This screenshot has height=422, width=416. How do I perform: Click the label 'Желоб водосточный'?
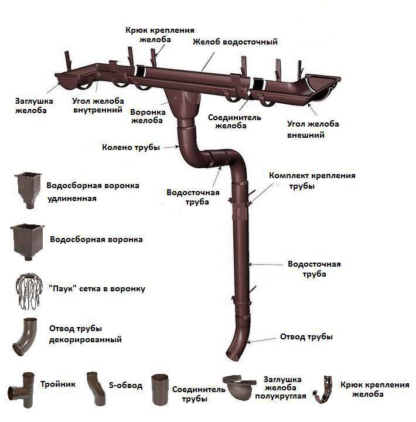(235, 42)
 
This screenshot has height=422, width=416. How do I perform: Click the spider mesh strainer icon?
(29, 291)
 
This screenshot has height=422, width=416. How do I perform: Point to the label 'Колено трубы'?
(131, 148)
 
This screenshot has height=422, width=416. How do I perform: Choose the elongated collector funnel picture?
(28, 190)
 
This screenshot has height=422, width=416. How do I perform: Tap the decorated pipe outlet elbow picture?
(25, 336)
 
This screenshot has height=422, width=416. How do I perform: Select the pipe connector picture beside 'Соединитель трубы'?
(160, 389)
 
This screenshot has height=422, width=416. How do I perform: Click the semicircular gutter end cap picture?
(238, 387)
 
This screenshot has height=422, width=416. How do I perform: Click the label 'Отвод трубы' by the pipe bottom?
(306, 336)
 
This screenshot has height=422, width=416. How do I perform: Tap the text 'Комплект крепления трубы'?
(312, 181)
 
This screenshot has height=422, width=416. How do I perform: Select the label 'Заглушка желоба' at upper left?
(34, 105)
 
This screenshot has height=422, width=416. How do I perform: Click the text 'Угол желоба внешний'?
(313, 129)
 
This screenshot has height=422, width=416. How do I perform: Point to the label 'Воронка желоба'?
(148, 116)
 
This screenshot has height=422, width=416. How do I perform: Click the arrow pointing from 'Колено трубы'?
(172, 147)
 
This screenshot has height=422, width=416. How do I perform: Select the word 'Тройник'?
(58, 384)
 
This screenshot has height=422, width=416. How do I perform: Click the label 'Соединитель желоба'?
(234, 121)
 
